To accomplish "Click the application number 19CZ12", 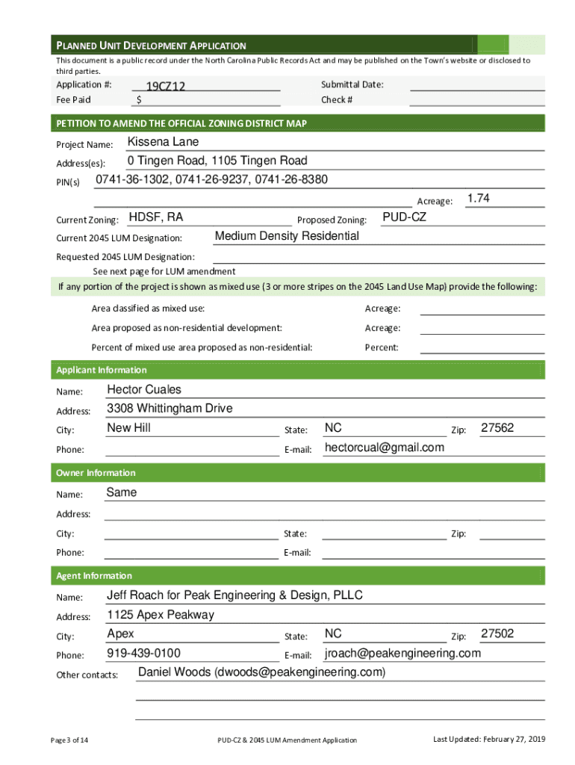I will coord(165,87).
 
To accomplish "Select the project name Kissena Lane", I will coord(163,142).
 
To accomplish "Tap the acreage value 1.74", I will coord(478,198).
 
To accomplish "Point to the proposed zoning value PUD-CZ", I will coord(404,217).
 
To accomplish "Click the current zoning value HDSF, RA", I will coord(155,217).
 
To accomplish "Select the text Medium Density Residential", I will coord(286,236).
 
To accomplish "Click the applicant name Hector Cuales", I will coord(144,389).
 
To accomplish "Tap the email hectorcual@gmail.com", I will coord(384,447).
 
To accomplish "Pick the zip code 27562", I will coord(497,428).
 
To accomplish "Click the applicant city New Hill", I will coord(128,427).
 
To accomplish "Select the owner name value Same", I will coord(122,492).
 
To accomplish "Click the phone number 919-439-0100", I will coord(143,654).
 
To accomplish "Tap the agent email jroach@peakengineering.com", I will coord(402,654).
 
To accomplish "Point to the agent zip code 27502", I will coord(497,634).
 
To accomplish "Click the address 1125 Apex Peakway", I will coord(160,615).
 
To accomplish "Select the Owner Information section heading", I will coord(96,473).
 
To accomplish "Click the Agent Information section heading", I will coord(94,576).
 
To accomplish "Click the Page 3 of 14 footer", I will coord(69,740).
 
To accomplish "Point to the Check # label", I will coord(337,100).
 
